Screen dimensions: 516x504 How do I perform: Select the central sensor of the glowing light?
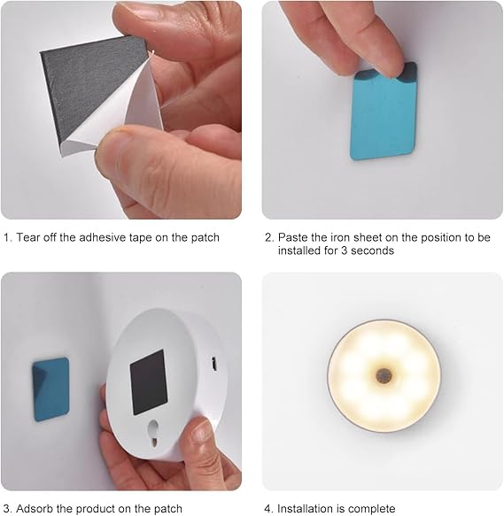[384, 375]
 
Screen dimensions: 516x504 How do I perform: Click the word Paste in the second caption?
[294, 237]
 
